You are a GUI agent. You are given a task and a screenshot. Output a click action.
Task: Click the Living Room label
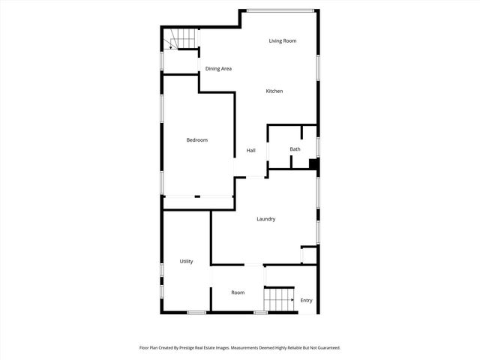coord(283,40)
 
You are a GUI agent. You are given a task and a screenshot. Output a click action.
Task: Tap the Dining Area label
coord(218,69)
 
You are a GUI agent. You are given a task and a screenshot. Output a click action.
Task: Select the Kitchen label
coord(274,91)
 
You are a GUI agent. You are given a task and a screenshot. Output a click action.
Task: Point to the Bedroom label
coord(196,140)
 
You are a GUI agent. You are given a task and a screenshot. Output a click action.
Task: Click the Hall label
coord(251,151)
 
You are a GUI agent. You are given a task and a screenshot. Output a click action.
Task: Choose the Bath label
coord(295,149)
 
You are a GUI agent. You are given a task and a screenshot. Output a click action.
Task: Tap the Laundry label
coord(265,219)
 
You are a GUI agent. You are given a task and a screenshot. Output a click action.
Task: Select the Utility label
coord(186,262)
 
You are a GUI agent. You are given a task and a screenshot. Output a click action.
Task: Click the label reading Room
coord(238,292)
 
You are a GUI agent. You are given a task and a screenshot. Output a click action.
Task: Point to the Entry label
coord(306,301)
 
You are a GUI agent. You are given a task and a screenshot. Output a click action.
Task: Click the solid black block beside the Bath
coord(314,166)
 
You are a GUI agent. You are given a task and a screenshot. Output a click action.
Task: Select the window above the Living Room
coord(280,10)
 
